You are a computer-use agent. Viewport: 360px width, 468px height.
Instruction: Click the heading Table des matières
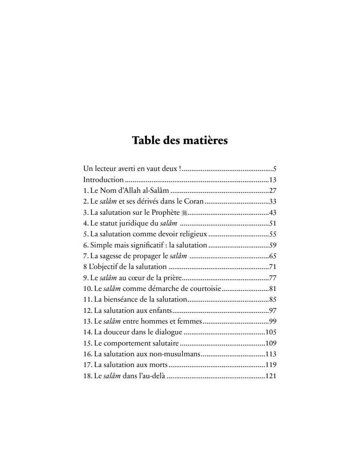tap(180, 140)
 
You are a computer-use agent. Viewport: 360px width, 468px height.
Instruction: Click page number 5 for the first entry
tap(274, 169)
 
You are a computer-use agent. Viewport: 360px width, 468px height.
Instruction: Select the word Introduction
tap(103, 180)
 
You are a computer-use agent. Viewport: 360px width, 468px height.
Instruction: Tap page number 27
tap(272, 191)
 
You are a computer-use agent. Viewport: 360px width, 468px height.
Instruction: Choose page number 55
tap(272, 234)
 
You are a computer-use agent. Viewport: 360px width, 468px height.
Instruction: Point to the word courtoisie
tap(204, 288)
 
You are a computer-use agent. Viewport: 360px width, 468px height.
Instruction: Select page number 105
tap(271, 332)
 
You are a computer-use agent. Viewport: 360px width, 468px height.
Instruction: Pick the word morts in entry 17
tap(160, 365)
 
